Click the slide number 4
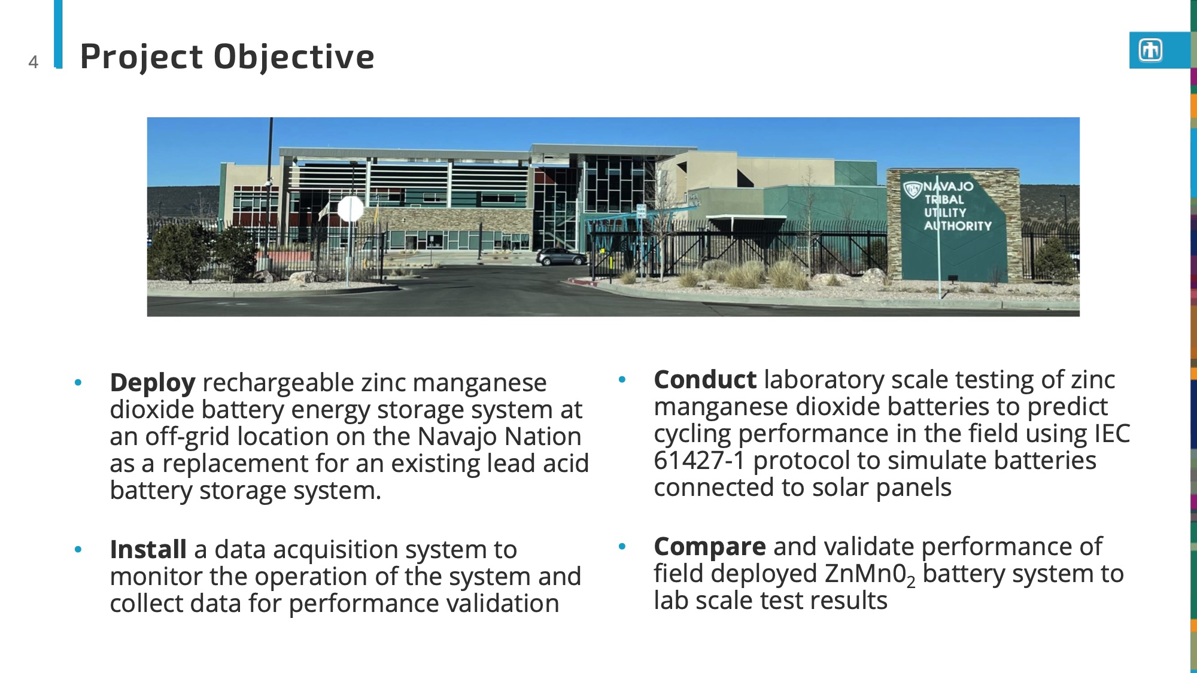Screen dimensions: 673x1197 (34, 62)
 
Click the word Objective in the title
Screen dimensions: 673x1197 (294, 57)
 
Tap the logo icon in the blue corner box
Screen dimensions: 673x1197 (1150, 50)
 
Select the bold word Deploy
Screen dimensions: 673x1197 (153, 383)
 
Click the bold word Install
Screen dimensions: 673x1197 (148, 550)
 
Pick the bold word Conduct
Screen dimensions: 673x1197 (705, 380)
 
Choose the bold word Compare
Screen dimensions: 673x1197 (709, 547)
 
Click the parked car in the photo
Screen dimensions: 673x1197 (561, 257)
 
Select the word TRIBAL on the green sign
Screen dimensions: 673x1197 (944, 200)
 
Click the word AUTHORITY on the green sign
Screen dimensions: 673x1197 (958, 226)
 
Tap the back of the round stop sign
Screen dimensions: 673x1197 (350, 209)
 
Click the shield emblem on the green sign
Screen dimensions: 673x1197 (912, 190)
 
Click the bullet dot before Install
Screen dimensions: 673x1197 (78, 549)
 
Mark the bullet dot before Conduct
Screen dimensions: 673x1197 (622, 379)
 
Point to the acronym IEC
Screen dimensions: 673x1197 (1112, 434)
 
